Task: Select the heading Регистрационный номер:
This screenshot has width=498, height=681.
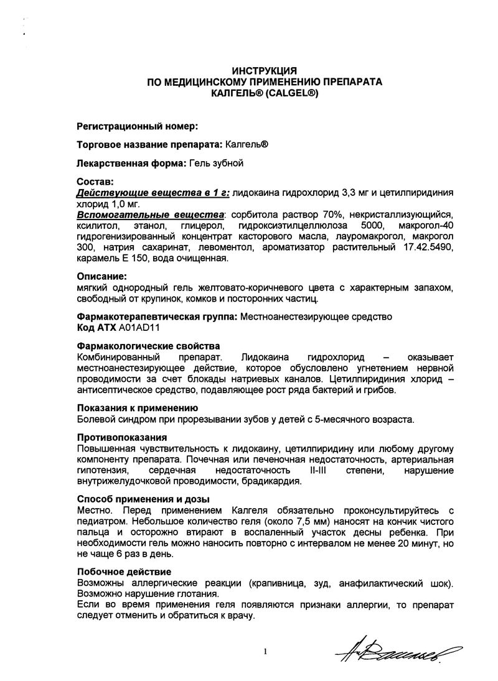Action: point(137,126)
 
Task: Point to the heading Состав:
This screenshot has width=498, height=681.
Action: point(95,182)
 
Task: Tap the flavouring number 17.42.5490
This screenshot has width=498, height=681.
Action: point(426,248)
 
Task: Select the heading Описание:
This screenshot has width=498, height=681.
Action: point(101,276)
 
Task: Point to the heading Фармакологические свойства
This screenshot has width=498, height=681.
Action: point(148,345)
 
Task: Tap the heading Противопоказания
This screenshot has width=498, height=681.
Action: point(121,437)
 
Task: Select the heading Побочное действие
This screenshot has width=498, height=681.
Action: point(124,572)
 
